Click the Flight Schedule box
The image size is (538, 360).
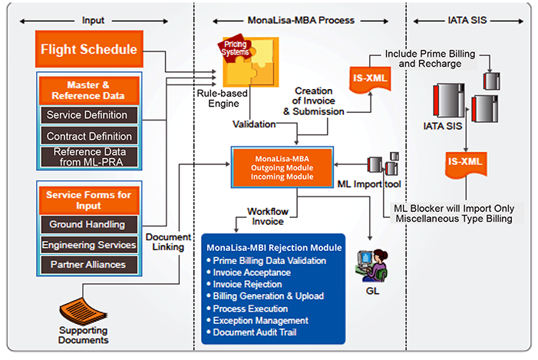click(89, 51)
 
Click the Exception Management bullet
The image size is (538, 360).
click(260, 319)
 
